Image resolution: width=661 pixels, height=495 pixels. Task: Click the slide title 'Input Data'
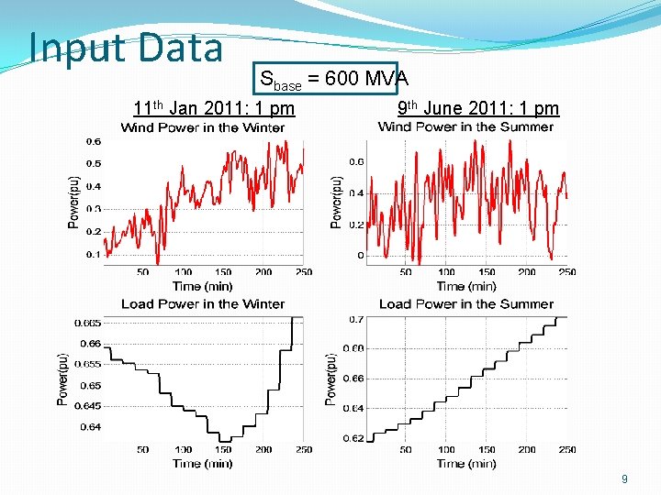point(126,48)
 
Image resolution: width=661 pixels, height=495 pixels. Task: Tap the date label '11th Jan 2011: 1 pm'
point(214,108)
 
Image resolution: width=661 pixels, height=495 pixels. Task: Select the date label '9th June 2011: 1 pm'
point(477,108)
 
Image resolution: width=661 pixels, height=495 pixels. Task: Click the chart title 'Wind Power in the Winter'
point(203,127)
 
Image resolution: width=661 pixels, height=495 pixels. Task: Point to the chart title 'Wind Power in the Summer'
point(465,126)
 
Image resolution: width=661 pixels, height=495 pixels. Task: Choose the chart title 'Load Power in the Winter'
point(203,303)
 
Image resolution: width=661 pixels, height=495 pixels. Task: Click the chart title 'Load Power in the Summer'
point(466,303)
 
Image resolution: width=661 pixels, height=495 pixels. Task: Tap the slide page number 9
point(624,478)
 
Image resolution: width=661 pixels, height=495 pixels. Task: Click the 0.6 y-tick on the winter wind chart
point(94,141)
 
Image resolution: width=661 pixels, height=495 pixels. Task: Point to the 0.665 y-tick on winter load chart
point(89,323)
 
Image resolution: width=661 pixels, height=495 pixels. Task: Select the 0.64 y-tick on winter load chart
point(91,426)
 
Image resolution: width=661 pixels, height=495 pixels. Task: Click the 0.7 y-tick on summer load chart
point(356,319)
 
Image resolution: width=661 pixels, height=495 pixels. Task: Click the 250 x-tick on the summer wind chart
point(566,271)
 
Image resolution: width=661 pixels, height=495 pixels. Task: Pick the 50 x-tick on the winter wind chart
point(143,271)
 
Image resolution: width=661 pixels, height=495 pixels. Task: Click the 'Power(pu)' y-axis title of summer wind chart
point(336,202)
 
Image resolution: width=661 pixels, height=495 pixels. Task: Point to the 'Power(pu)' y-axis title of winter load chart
point(62,379)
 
